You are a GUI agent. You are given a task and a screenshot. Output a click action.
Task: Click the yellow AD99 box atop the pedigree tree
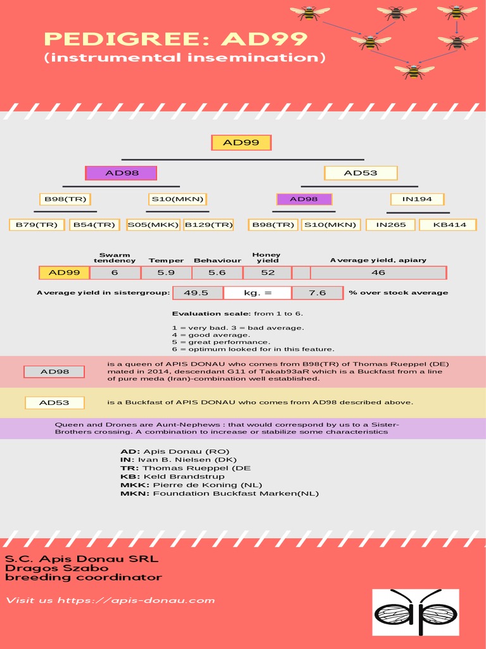(241, 143)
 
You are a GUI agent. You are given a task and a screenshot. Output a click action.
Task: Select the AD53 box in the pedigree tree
(361, 173)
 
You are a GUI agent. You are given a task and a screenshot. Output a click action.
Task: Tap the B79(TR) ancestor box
(37, 225)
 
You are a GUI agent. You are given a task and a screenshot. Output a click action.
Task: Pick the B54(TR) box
(94, 225)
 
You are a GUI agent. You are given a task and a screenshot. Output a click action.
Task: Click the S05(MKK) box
(153, 225)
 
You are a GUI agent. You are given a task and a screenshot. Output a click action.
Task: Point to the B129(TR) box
(209, 225)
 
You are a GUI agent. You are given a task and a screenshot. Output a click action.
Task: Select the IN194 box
(417, 199)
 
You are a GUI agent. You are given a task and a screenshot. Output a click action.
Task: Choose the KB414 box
(449, 225)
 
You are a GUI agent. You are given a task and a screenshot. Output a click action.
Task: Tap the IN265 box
(391, 225)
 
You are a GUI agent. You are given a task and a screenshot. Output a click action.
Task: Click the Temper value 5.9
(166, 273)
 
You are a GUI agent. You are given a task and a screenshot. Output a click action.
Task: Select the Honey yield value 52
(268, 273)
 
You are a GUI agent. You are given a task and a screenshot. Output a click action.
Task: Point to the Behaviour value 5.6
(217, 273)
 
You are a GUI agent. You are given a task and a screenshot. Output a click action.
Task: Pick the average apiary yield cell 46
(378, 273)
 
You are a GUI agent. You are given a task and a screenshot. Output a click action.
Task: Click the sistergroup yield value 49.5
(196, 293)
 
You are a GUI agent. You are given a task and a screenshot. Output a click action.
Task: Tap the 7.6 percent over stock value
(318, 293)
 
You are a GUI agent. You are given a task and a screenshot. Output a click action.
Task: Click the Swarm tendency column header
(115, 257)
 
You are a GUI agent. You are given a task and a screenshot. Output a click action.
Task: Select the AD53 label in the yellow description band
(54, 402)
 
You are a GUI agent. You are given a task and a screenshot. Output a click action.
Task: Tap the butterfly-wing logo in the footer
(415, 612)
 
